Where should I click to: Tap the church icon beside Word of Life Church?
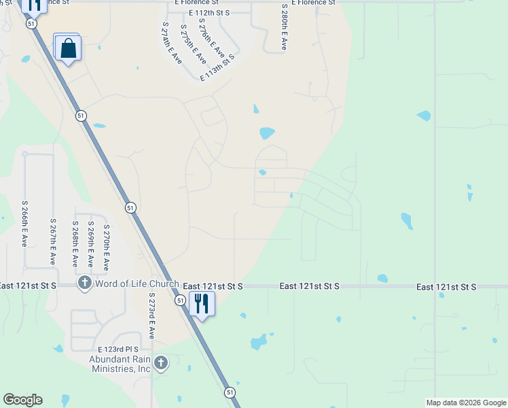[85, 283]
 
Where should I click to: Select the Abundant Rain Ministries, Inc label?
[120, 364]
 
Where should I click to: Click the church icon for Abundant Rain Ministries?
[160, 363]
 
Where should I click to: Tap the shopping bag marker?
[69, 48]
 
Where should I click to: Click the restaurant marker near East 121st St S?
[202, 303]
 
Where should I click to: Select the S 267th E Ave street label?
[53, 241]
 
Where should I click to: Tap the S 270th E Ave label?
[106, 248]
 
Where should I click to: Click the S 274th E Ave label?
[171, 42]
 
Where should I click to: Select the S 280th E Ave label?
[284, 27]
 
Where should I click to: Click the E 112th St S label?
[210, 13]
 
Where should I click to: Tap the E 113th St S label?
[217, 68]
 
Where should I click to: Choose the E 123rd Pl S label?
[118, 349]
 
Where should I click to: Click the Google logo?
[22, 400]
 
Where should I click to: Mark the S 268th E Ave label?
[75, 243]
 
